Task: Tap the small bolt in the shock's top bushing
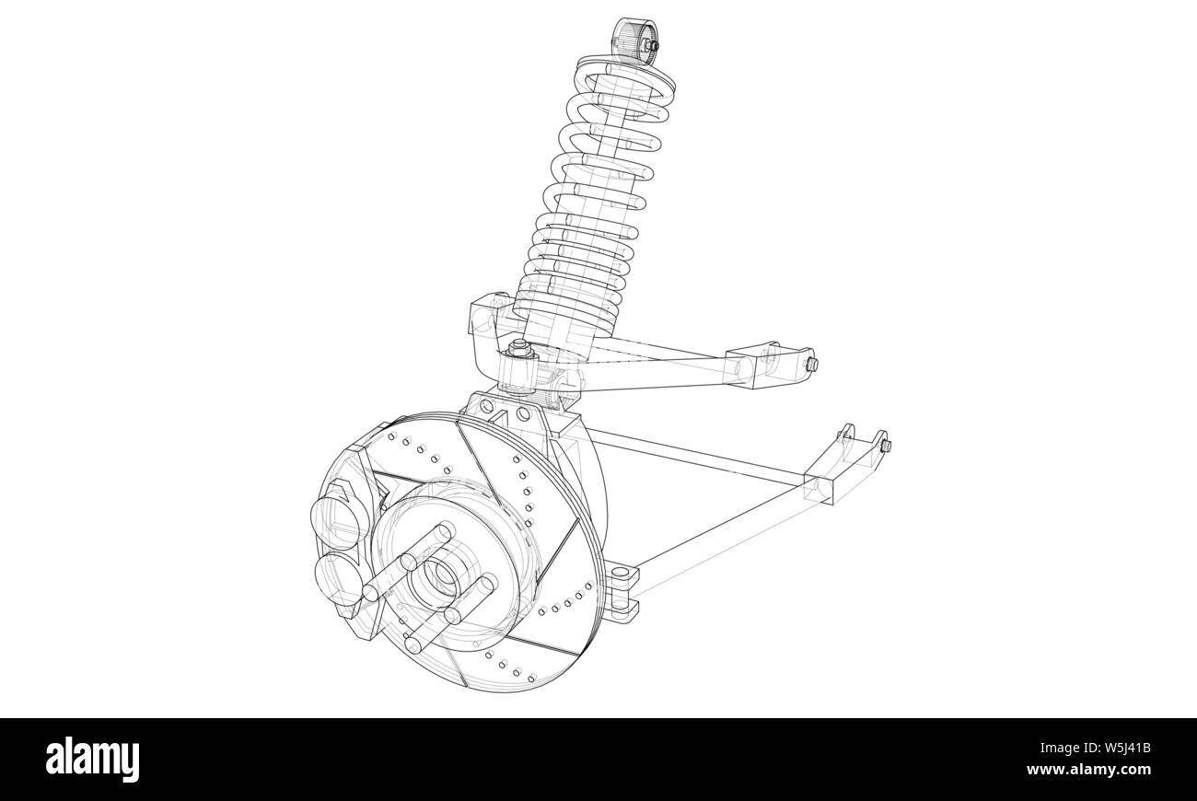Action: [653, 45]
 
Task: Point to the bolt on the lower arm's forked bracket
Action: [886, 447]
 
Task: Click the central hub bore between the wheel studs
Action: [440, 578]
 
